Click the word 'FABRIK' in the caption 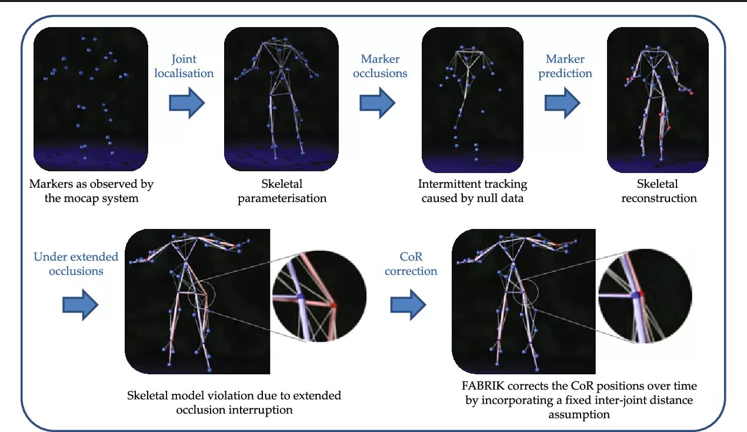pyautogui.click(x=483, y=387)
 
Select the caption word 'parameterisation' pyautogui.click(x=282, y=198)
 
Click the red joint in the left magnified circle pyautogui.click(x=334, y=306)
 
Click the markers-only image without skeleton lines pyautogui.click(x=91, y=99)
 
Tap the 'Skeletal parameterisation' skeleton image pyautogui.click(x=281, y=99)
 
